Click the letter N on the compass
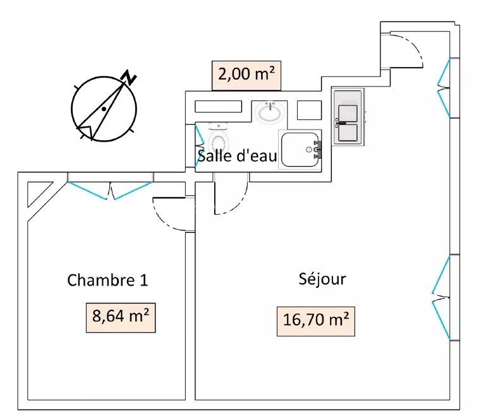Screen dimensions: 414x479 pos(130,77)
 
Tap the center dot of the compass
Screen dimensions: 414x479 pos(103,109)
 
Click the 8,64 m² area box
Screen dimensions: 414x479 pos(120,317)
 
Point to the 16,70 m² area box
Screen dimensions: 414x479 pos(314,320)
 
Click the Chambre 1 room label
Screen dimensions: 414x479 pos(107,279)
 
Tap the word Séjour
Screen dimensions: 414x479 pos(322,278)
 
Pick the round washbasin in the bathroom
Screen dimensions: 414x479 pos(271,113)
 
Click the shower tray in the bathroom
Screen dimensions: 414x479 pos(300,149)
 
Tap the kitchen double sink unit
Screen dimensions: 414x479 pos(348,116)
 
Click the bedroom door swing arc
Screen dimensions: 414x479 pos(167,214)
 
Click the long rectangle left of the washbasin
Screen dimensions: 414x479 pos(219,106)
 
